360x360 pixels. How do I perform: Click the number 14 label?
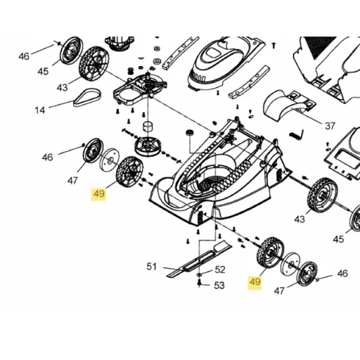(x=40, y=110)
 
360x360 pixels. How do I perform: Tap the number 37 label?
(x=330, y=126)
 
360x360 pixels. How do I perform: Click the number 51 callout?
(x=151, y=266)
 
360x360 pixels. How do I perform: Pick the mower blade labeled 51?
(x=199, y=260)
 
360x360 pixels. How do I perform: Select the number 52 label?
(x=220, y=270)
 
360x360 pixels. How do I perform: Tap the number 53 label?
(x=219, y=285)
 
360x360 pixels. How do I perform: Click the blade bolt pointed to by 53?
(x=199, y=283)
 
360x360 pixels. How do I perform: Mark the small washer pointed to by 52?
(x=199, y=274)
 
